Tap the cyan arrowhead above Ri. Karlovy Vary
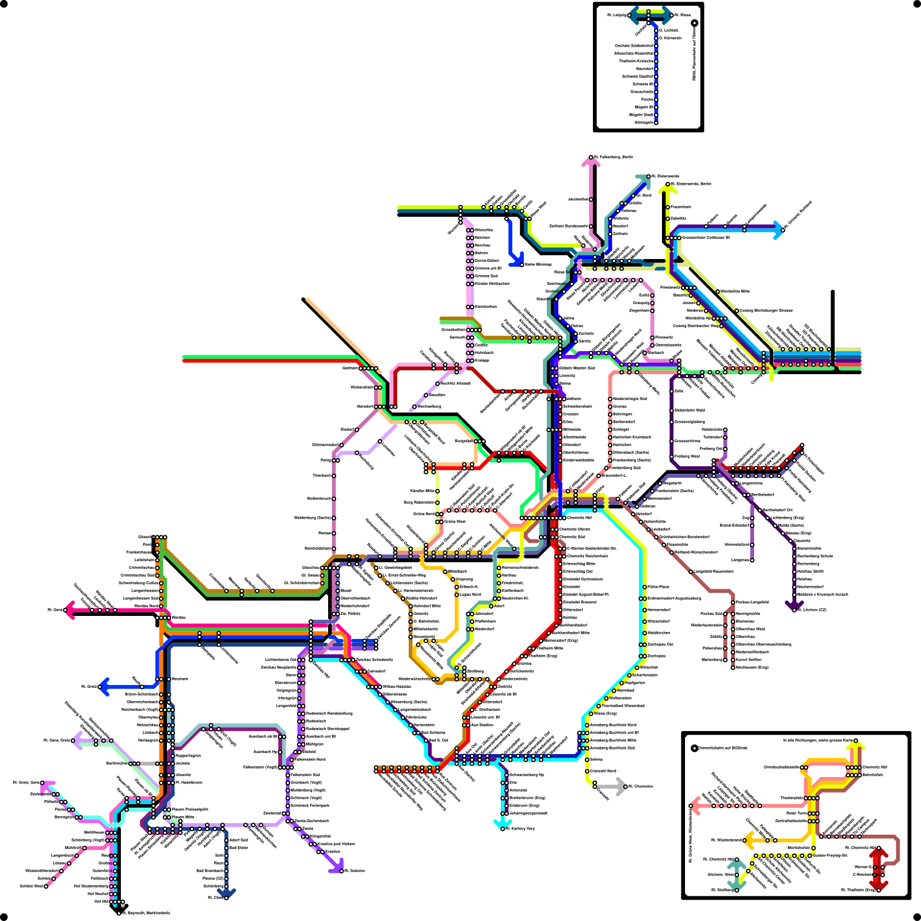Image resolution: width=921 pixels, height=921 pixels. pos(499,824)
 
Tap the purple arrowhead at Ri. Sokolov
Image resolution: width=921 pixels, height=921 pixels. pos(335,865)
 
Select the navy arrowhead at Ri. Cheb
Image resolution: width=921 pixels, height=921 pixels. pos(226,893)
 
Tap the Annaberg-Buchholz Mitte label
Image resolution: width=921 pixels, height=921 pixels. pos(613,740)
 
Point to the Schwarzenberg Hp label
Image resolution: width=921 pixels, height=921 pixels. pos(526,775)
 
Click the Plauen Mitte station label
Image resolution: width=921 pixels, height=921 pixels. pos(183,817)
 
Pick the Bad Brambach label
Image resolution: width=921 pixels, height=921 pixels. pos(210,871)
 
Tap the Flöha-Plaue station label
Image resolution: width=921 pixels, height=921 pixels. pos(659,587)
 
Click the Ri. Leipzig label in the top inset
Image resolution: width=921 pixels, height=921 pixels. pos(616,15)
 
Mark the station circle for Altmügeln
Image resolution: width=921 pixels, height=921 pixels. pos(656,122)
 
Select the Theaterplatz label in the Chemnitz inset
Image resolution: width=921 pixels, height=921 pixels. pos(791,798)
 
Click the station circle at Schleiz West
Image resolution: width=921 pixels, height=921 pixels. pos(47,886)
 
